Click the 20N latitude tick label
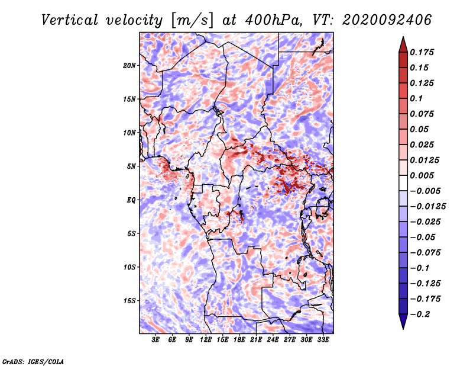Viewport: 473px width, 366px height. click(129, 66)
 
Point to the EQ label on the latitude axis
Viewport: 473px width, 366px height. click(131, 200)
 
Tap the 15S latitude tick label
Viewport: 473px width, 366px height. click(129, 301)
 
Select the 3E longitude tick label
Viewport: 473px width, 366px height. click(155, 340)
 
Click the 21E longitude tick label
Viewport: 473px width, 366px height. click(256, 340)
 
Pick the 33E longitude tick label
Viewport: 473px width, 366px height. click(323, 340)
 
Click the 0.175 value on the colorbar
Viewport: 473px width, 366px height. click(422, 52)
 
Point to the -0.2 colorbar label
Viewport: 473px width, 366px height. click(420, 314)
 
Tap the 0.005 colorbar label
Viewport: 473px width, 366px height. click(422, 175)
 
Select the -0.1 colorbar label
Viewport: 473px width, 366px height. click(419, 268)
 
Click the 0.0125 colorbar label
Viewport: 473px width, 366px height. click(425, 160)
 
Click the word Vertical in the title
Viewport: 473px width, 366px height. click(70, 20)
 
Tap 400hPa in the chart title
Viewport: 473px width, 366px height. click(273, 20)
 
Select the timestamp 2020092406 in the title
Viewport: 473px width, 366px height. click(387, 20)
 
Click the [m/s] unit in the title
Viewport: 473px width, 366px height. click(192, 20)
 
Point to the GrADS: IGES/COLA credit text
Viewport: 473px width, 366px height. click(33, 361)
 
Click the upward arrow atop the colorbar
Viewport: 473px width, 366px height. click(403, 44)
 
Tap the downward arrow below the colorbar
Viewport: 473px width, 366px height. click(403, 322)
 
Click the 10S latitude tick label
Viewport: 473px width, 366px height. click(129, 267)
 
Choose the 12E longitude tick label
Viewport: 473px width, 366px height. click(206, 340)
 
